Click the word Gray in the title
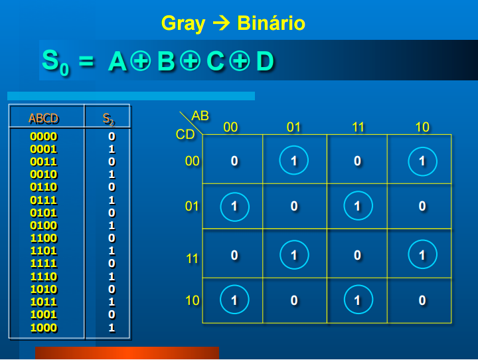click(x=184, y=24)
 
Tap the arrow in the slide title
click(x=221, y=24)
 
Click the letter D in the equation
click(x=264, y=62)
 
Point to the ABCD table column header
click(x=44, y=119)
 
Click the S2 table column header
click(x=108, y=120)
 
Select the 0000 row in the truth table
click(x=44, y=136)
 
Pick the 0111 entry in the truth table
click(x=44, y=200)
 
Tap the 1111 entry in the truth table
click(x=44, y=264)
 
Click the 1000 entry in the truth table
click(x=44, y=327)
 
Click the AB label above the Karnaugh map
click(x=200, y=116)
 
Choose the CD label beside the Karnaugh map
click(x=185, y=135)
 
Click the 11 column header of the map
click(x=358, y=127)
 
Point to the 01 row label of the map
click(x=192, y=207)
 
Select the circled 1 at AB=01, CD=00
click(x=294, y=161)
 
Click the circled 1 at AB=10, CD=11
click(x=422, y=254)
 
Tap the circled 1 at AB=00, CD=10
click(x=234, y=300)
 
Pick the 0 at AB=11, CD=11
click(x=358, y=254)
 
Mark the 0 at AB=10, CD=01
click(x=422, y=207)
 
